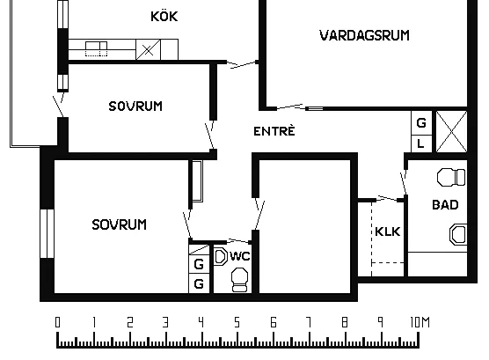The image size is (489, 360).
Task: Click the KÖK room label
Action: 164,16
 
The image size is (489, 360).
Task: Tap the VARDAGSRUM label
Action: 364,35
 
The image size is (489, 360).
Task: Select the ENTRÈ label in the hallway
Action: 274,131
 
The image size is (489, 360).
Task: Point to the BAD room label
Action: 445,205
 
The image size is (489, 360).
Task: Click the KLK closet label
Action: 388,231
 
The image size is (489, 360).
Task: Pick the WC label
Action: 240,256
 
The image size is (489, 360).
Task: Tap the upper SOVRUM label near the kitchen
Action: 135,107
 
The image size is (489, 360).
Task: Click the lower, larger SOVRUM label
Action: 119,224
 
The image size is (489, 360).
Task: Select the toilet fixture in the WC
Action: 240,280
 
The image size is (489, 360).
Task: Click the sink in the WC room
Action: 221,257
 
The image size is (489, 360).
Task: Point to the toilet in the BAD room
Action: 451,177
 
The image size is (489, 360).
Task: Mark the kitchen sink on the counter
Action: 97,49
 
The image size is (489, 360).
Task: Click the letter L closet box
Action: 421,144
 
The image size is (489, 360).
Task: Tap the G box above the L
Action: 421,122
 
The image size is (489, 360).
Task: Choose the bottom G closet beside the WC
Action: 199,283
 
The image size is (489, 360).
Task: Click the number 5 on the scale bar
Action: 237,322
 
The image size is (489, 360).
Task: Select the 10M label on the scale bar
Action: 420,322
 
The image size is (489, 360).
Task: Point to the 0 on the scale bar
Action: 57,322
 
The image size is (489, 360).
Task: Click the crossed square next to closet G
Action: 451,131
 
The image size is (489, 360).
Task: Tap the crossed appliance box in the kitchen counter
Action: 148,49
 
